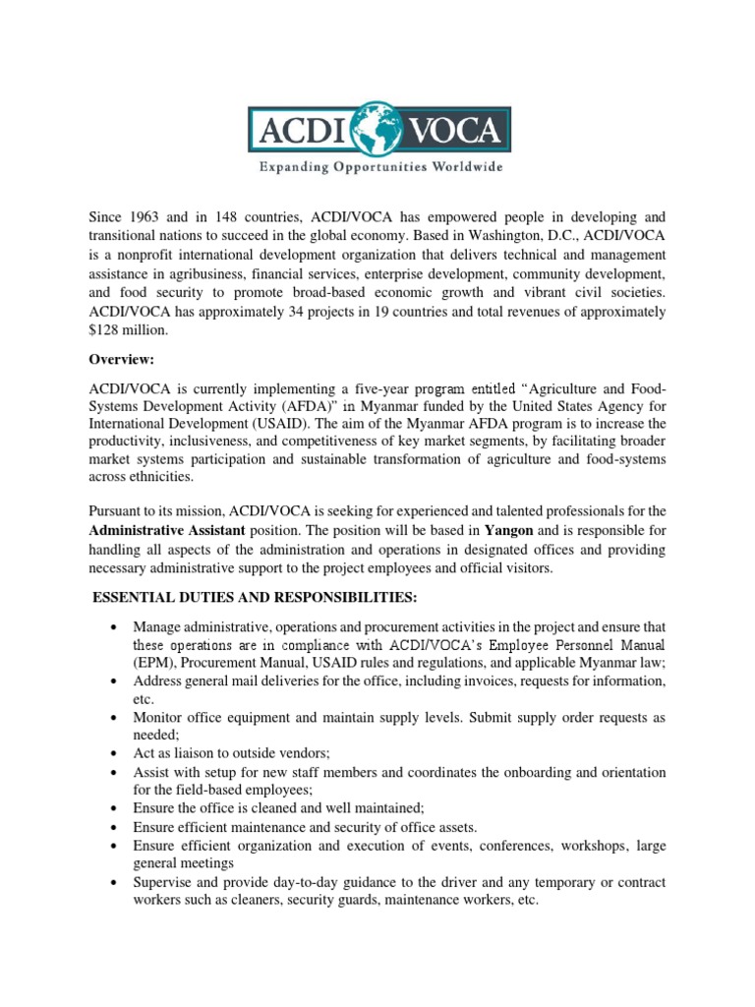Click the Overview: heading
click(119, 361)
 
